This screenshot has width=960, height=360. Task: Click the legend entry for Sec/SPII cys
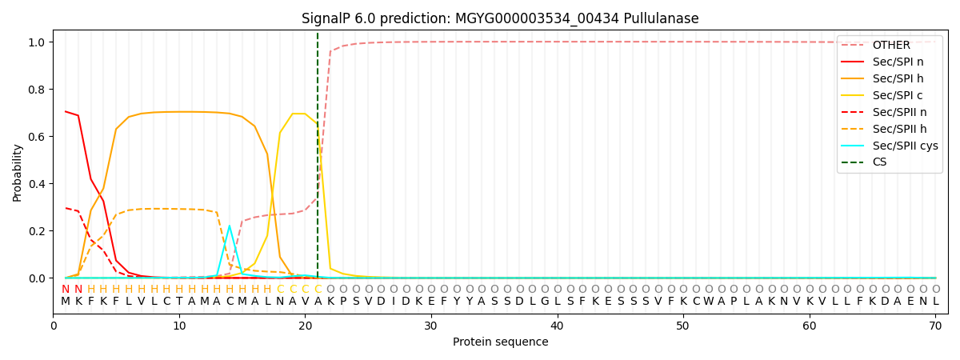(x=905, y=146)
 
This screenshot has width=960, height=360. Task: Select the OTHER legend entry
(x=890, y=45)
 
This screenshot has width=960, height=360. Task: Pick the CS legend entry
(x=879, y=162)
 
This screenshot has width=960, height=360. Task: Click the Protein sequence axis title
(x=501, y=342)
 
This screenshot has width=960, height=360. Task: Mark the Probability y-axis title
(x=18, y=172)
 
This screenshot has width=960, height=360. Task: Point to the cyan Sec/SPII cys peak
(x=229, y=226)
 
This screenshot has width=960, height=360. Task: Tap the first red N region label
(x=66, y=289)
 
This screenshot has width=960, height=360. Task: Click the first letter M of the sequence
(x=66, y=302)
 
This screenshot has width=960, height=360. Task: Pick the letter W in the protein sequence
(x=708, y=302)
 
